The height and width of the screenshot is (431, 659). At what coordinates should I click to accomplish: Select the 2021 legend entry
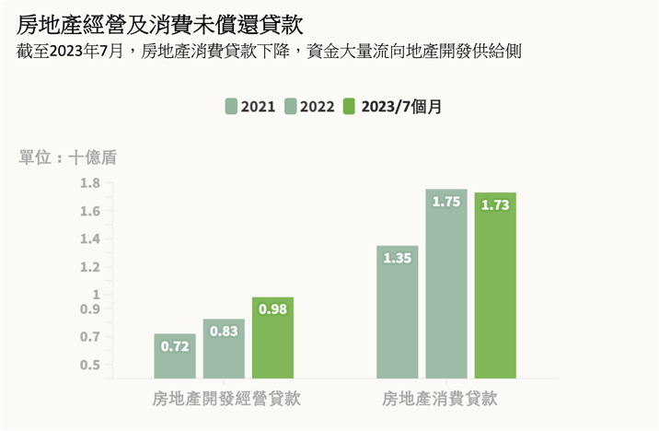[x=250, y=106]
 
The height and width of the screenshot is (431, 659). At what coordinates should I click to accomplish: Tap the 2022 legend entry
[x=310, y=106]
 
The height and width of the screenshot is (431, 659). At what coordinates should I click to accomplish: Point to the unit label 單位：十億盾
[x=68, y=157]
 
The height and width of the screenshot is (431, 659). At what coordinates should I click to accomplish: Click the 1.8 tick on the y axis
[x=89, y=183]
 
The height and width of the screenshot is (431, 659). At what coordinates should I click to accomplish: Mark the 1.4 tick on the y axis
[x=89, y=239]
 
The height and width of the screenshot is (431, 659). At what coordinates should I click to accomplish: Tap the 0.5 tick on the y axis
[x=89, y=366]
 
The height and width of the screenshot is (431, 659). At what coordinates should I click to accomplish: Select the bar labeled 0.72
[x=175, y=357]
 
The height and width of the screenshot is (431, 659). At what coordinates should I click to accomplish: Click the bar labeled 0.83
[x=224, y=350]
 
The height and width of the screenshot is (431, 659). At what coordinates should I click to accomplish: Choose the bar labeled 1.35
[x=397, y=313]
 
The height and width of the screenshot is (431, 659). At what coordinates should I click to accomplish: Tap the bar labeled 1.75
[x=445, y=285]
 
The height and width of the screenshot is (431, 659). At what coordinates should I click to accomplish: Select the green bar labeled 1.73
[x=495, y=286]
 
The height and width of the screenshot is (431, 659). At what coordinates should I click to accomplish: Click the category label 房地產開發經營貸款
[x=226, y=400]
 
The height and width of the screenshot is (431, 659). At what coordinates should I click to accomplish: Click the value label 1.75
[x=445, y=203]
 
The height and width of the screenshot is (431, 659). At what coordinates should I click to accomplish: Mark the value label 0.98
[x=272, y=309]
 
